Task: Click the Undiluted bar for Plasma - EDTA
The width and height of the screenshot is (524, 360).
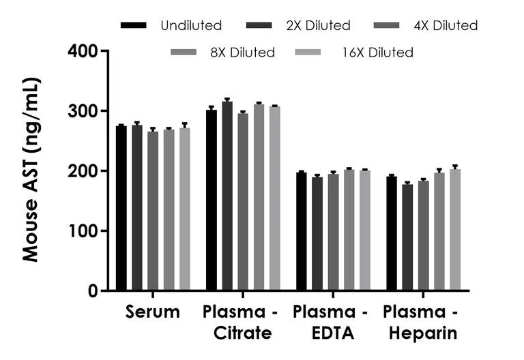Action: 302,232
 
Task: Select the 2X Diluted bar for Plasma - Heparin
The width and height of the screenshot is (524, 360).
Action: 407,238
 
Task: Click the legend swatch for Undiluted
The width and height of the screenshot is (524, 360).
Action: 134,26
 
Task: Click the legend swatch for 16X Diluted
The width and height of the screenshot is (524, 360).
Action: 308,52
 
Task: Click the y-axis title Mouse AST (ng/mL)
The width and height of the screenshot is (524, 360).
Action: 31,170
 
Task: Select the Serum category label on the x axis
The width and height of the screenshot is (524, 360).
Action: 153,312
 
